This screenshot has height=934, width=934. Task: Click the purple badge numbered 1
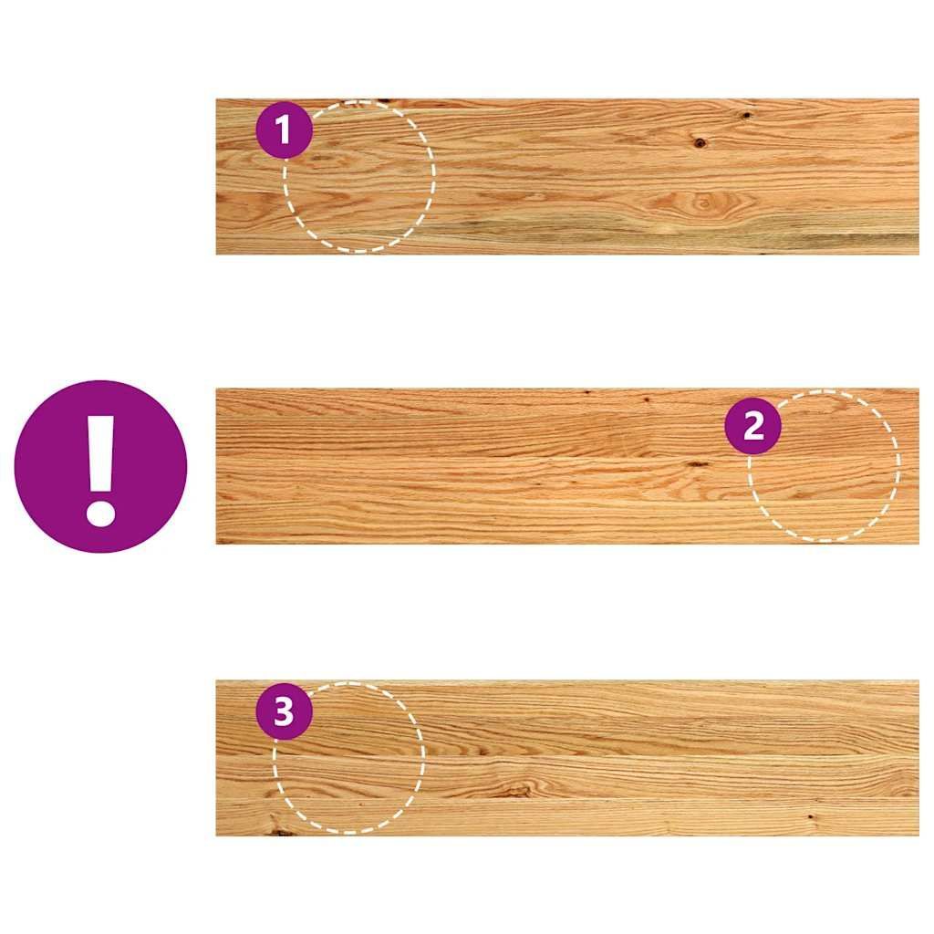click(285, 130)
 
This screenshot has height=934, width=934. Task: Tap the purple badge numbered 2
click(752, 426)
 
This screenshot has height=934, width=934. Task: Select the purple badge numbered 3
click(285, 711)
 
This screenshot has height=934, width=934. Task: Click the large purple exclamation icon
click(100, 466)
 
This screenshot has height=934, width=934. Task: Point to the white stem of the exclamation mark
click(100, 453)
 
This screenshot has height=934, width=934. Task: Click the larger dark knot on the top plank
click(700, 142)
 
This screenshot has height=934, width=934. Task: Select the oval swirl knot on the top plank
click(703, 204)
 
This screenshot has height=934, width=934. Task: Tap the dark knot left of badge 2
click(697, 463)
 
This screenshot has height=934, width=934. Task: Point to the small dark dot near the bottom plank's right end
click(810, 816)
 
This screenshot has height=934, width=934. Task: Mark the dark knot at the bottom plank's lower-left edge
click(280, 830)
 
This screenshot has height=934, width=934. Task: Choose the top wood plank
click(567, 177)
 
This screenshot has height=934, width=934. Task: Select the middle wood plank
click(567, 466)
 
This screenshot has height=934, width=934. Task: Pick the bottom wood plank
click(567, 758)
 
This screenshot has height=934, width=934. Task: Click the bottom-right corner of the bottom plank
click(918, 835)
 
